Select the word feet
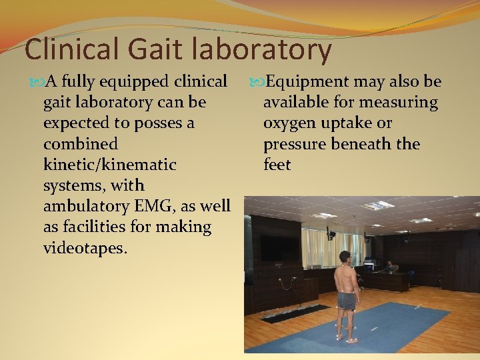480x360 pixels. click(x=277, y=165)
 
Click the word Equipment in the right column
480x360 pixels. click(x=306, y=82)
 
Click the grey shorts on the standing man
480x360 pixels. click(x=345, y=301)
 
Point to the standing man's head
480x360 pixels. click(x=345, y=257)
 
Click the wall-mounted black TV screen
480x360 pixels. click(x=279, y=247)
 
